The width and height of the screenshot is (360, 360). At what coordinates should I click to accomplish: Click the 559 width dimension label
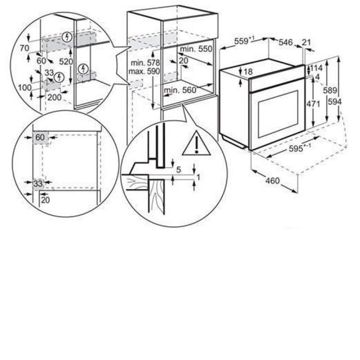pyautogui.click(x=241, y=41)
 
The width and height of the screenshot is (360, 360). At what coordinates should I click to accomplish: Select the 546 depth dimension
pyautogui.click(x=286, y=42)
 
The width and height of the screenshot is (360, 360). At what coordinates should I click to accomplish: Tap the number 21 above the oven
pyautogui.click(x=306, y=42)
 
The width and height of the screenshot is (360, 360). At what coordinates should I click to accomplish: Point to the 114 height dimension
pyautogui.click(x=316, y=68)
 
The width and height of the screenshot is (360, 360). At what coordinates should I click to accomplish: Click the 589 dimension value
pyautogui.click(x=330, y=90)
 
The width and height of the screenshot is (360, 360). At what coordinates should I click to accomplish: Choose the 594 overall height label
pyautogui.click(x=334, y=102)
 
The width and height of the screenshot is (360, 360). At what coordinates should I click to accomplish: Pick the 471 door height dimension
pyautogui.click(x=313, y=104)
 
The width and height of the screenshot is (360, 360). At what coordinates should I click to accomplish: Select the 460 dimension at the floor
pyautogui.click(x=273, y=181)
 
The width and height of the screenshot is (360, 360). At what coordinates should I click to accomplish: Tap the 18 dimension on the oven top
pyautogui.click(x=248, y=72)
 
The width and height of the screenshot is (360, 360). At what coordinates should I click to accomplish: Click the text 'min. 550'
pyautogui.click(x=196, y=49)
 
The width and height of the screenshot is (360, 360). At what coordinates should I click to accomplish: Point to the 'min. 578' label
pyautogui.click(x=145, y=63)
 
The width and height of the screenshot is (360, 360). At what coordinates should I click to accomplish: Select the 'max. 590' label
pyautogui.click(x=144, y=71)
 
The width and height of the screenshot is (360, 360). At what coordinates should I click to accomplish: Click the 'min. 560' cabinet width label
pyautogui.click(x=180, y=90)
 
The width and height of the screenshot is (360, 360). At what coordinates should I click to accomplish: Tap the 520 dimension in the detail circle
pyautogui.click(x=66, y=62)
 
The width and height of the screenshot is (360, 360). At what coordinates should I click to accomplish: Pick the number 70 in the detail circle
pyautogui.click(x=24, y=48)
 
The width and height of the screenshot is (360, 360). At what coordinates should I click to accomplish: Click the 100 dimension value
pyautogui.click(x=25, y=88)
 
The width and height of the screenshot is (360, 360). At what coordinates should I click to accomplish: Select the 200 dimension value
pyautogui.click(x=54, y=98)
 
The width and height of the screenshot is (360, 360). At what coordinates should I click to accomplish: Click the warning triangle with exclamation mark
pyautogui.click(x=197, y=143)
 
